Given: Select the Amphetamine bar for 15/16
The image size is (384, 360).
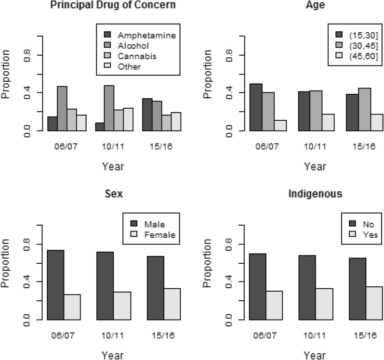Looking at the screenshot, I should [x=147, y=115].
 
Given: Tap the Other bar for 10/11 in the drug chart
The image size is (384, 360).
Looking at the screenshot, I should [x=128, y=119].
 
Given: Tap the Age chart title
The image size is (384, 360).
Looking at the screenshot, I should [x=314, y=6].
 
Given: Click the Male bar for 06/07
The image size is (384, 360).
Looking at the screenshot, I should [x=56, y=284].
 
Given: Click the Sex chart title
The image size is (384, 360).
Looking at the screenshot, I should [x=114, y=194].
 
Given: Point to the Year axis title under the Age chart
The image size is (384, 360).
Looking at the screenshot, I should [x=315, y=167].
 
